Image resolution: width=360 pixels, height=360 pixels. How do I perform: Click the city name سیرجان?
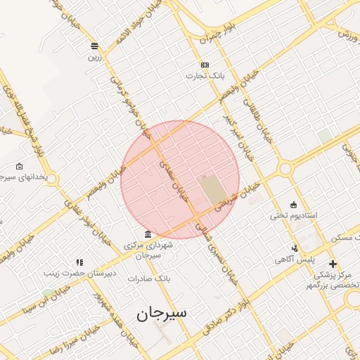pos(163,313)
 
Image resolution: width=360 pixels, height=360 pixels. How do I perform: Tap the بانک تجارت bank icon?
pos(205,64)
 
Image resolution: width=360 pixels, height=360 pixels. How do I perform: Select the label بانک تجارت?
pos(205,75)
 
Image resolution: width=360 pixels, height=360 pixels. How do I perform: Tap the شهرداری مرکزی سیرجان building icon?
pos(147,234)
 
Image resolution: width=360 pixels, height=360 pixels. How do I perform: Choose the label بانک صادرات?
pos(153,278)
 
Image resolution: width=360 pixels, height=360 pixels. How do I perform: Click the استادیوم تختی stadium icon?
pos(294,204)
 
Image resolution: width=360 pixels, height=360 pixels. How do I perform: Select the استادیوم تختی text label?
pos(295,215)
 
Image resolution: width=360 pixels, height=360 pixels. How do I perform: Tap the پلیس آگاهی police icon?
pos(295,248)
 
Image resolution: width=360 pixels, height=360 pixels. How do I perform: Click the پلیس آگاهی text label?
pos(295,259)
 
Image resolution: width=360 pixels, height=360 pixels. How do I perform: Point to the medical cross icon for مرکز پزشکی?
pos(333,264)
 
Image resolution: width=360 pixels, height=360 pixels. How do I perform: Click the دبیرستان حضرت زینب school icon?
pos(79,262)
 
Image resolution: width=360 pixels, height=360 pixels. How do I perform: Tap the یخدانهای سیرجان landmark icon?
pos(18,167)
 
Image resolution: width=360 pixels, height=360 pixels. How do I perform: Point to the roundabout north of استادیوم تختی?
pos(285,169)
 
